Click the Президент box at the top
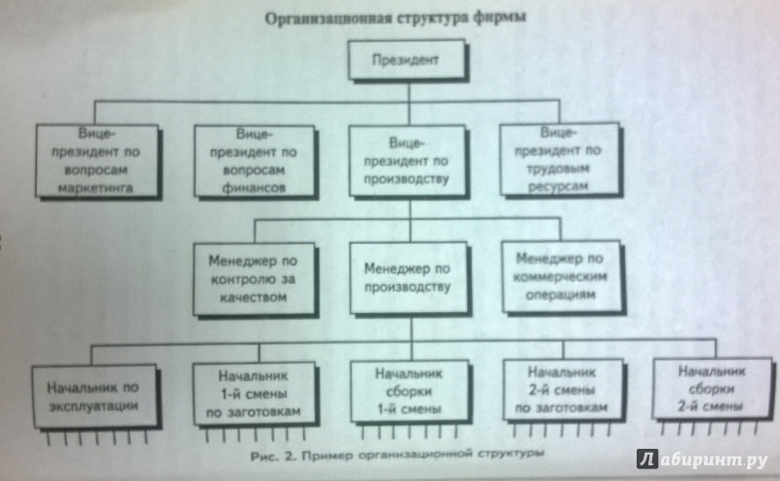(x=407, y=60)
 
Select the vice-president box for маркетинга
(x=97, y=161)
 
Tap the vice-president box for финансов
(x=254, y=161)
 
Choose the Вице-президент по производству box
(x=408, y=161)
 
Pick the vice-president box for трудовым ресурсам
(x=559, y=159)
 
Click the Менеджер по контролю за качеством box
(x=253, y=279)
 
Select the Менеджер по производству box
(x=409, y=278)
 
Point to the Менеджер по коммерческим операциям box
(x=562, y=276)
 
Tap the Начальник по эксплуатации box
(x=95, y=396)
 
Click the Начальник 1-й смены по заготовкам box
(x=254, y=394)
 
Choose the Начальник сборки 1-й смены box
(x=409, y=392)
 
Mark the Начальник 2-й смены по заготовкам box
(x=564, y=391)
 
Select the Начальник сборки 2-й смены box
(x=713, y=389)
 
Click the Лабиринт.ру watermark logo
(x=702, y=460)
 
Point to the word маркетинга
(x=96, y=188)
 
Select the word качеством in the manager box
(x=253, y=298)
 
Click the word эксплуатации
(x=94, y=406)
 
